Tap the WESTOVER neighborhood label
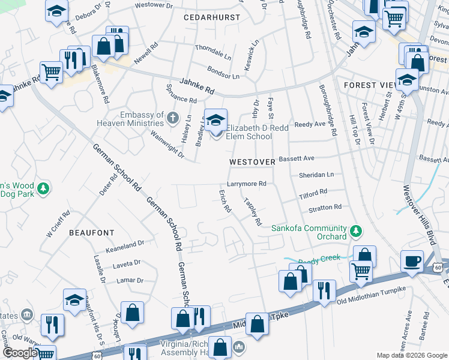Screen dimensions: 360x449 coord(252,162)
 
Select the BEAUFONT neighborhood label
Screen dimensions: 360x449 coord(91,232)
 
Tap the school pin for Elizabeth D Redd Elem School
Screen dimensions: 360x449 coord(215,119)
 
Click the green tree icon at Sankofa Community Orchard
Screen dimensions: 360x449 coord(356,231)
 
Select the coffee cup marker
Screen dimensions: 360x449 coord(412,261)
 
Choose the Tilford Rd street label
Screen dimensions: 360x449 coord(313,193)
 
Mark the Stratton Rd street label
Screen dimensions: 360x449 coord(325,208)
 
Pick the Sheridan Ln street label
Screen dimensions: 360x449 coord(316,175)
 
